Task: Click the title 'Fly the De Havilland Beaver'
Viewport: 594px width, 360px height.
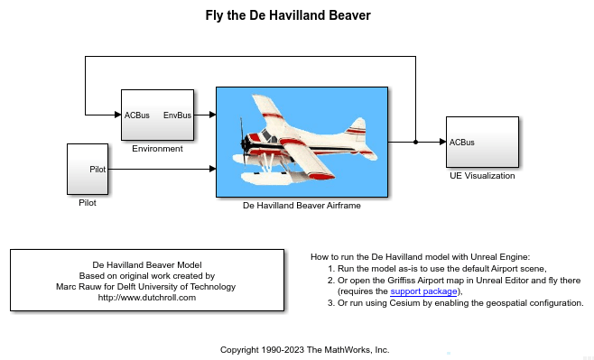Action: (297, 15)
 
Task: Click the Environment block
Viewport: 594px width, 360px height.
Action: (158, 115)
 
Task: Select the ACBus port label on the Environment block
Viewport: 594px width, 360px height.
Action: (137, 115)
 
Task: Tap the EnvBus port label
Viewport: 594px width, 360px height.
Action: (177, 115)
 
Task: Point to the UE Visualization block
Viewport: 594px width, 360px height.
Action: (482, 143)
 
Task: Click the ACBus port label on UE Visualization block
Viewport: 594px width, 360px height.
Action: (462, 143)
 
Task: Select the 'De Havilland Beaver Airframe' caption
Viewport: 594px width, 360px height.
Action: (302, 206)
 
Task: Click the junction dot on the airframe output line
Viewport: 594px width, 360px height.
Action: (415, 143)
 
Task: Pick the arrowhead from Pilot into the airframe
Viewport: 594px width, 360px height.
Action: (212, 169)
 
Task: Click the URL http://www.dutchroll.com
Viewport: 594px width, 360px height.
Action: (146, 298)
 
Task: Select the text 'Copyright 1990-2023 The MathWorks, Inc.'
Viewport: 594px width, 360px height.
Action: (304, 348)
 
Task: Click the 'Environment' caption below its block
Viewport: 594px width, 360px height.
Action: (157, 149)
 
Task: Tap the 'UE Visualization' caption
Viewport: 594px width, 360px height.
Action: (482, 176)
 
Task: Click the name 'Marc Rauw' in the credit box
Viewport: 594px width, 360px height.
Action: (77, 287)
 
